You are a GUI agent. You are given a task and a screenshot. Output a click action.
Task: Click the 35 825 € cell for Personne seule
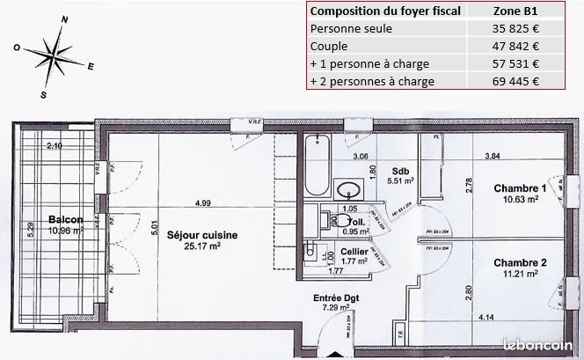(x=516, y=28)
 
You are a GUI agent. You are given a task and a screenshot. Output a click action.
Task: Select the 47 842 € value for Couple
(x=516, y=46)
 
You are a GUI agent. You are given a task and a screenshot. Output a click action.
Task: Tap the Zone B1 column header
(x=516, y=11)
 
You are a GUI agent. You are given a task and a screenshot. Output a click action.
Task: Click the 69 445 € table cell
(x=516, y=81)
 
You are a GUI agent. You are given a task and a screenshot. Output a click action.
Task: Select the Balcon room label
(x=66, y=219)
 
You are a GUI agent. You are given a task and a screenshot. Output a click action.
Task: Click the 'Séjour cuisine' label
(x=203, y=235)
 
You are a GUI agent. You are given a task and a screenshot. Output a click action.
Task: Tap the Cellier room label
(x=354, y=249)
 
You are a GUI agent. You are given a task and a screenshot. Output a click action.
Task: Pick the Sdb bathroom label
(x=401, y=171)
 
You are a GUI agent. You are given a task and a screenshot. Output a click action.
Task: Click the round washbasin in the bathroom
(x=348, y=187)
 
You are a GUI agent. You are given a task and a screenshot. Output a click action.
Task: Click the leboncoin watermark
(x=537, y=347)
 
